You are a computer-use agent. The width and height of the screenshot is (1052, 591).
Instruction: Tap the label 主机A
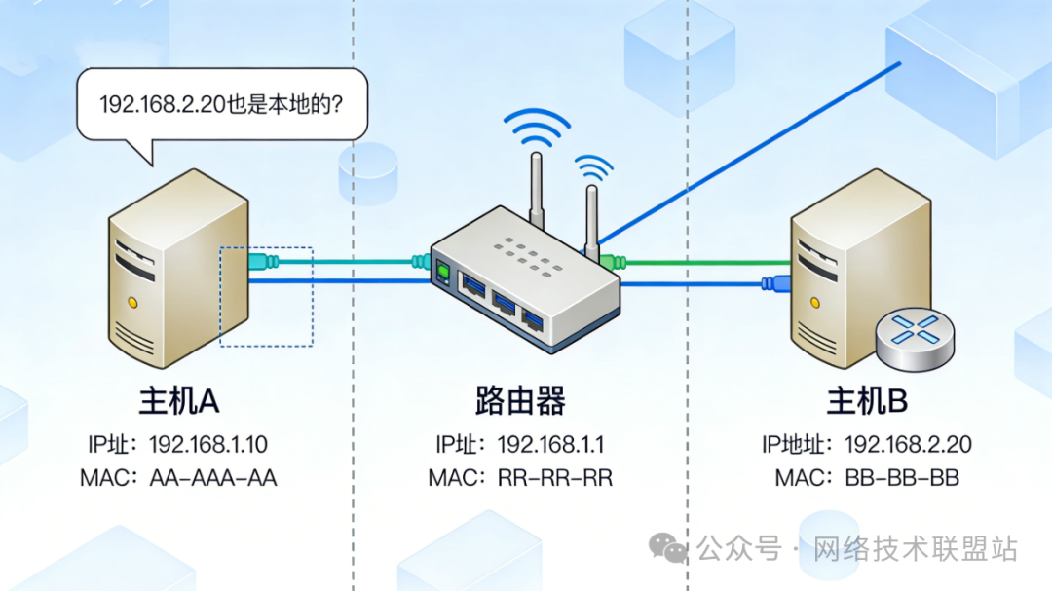tap(180, 400)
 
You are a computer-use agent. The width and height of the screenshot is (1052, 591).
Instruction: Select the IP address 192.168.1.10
tap(208, 445)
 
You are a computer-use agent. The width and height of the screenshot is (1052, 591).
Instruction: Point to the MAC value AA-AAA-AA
tap(213, 478)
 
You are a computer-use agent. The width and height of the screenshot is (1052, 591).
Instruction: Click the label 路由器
tap(520, 400)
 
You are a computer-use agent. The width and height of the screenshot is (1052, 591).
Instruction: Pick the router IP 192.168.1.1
tap(551, 445)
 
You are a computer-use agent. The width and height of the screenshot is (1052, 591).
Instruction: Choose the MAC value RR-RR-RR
tap(556, 478)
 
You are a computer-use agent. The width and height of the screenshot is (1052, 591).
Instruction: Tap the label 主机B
tap(867, 400)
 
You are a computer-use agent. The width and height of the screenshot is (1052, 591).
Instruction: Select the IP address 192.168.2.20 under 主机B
tap(908, 445)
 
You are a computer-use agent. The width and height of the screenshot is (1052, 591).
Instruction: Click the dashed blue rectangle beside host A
tap(266, 296)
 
